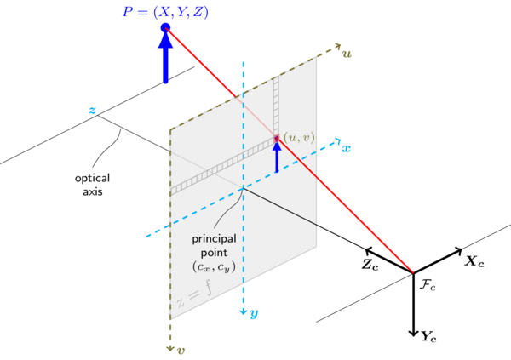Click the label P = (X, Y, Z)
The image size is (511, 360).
(x=165, y=12)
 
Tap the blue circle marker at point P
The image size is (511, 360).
(x=165, y=29)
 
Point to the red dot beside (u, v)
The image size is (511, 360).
(x=277, y=137)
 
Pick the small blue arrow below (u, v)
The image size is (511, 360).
(x=277, y=155)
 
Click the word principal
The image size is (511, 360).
(x=213, y=238)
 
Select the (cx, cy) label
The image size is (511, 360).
(x=212, y=268)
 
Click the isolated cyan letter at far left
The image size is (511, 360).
(x=91, y=110)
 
